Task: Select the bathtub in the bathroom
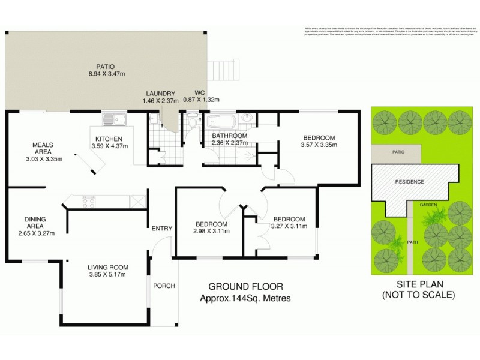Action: [x=223, y=122]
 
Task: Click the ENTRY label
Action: [x=162, y=229]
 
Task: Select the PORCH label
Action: [x=164, y=286]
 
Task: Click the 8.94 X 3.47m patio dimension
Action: [x=106, y=74]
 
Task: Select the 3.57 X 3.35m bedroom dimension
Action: [x=319, y=145]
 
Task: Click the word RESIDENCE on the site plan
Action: [x=409, y=182]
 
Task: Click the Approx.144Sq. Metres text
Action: [x=245, y=298]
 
